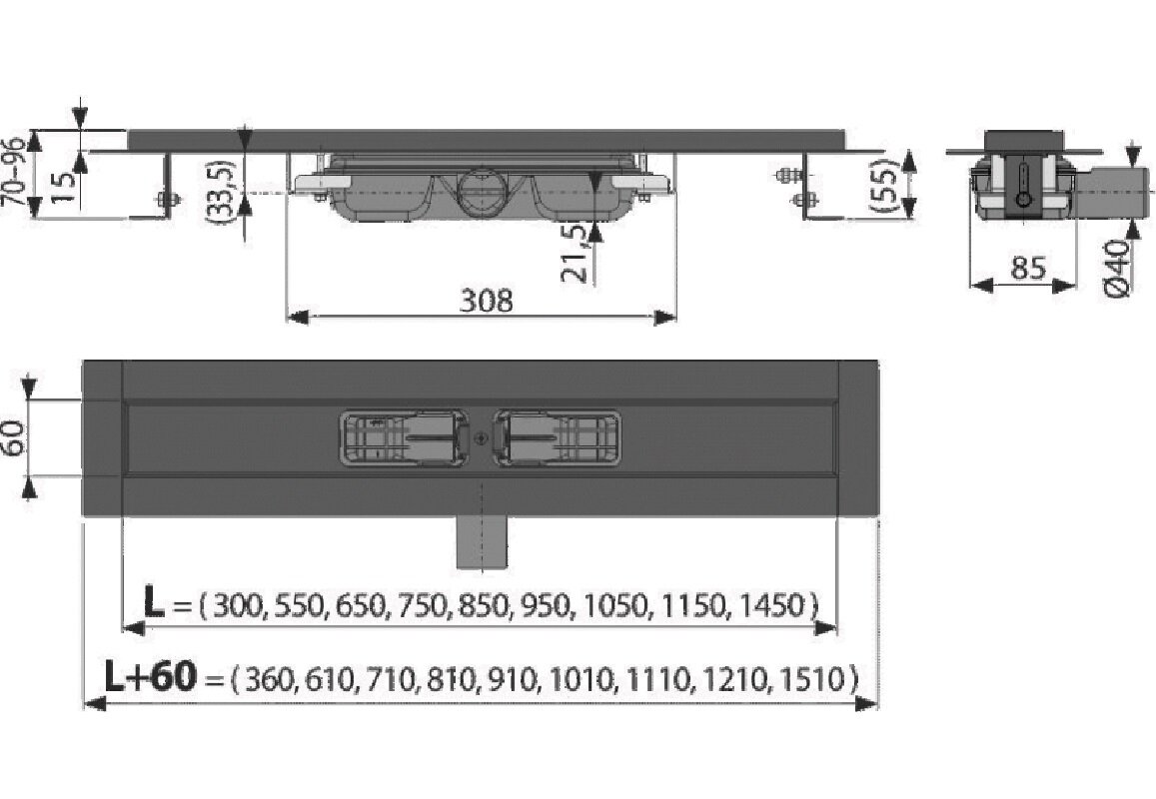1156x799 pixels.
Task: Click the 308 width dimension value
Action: [486, 300]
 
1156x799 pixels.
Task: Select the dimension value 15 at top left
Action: [64, 188]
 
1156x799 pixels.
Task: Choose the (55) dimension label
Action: [882, 187]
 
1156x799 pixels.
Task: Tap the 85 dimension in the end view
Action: [1028, 269]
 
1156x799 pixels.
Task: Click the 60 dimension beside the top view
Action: [16, 438]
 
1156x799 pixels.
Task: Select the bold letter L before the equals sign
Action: [153, 603]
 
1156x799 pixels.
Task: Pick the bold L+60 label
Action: [151, 676]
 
